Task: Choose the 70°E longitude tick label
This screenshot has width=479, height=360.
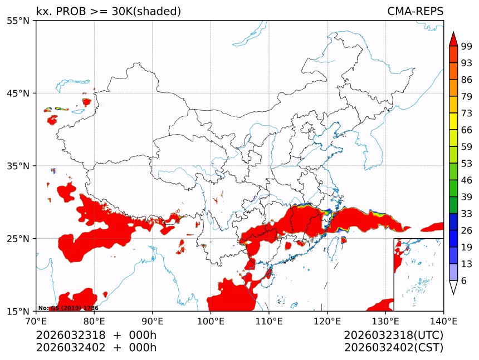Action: [x=36, y=320]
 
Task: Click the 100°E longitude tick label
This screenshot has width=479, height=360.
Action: [x=211, y=320]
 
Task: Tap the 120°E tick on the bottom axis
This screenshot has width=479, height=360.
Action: [x=327, y=320]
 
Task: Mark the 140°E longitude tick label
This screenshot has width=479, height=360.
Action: [x=443, y=320]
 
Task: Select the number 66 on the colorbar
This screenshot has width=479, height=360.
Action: [x=467, y=130]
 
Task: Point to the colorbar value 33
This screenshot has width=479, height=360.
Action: [x=467, y=214]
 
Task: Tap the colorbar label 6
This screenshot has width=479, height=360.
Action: [x=464, y=281]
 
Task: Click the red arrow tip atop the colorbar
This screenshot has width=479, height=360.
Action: [x=453, y=38]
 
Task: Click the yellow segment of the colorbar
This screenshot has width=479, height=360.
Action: [x=453, y=121]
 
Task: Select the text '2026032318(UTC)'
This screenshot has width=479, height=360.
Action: [x=393, y=336]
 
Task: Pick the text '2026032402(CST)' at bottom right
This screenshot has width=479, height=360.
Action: [x=393, y=348]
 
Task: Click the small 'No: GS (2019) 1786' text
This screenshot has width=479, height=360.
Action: [x=68, y=308]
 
